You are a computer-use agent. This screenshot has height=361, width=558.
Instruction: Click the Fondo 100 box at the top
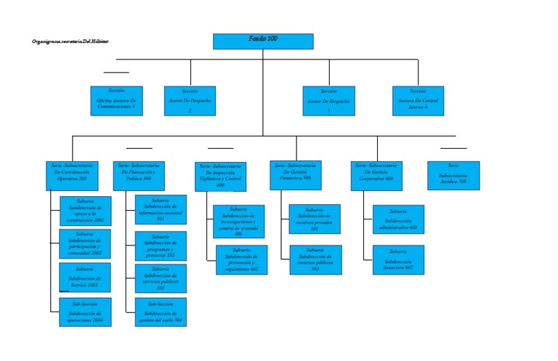tap(263, 41)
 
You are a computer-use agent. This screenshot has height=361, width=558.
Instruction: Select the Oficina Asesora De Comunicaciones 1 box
tap(117, 101)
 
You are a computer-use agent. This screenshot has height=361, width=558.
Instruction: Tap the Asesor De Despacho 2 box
tap(190, 101)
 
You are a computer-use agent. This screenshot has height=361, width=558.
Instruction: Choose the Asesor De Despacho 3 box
tap(328, 101)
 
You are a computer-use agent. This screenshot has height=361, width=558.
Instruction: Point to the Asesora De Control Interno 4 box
tap(418, 101)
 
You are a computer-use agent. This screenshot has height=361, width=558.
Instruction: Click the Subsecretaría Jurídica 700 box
tap(453, 175)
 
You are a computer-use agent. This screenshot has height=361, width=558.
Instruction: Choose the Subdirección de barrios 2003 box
tap(86, 277)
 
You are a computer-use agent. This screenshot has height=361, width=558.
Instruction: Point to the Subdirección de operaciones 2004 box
tap(86, 312)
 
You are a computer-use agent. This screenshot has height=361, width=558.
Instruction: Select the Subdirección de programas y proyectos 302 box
tap(161, 246)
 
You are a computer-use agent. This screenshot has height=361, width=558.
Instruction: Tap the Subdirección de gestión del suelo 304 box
tap(161, 312)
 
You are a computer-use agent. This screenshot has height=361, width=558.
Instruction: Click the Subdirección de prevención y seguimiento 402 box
tap(241, 260)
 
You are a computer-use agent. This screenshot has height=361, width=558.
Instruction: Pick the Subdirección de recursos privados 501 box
tap(315, 219)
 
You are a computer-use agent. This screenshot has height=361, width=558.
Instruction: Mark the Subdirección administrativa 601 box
tap(398, 219)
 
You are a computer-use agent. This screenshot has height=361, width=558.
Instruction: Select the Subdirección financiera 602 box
tap(398, 260)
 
